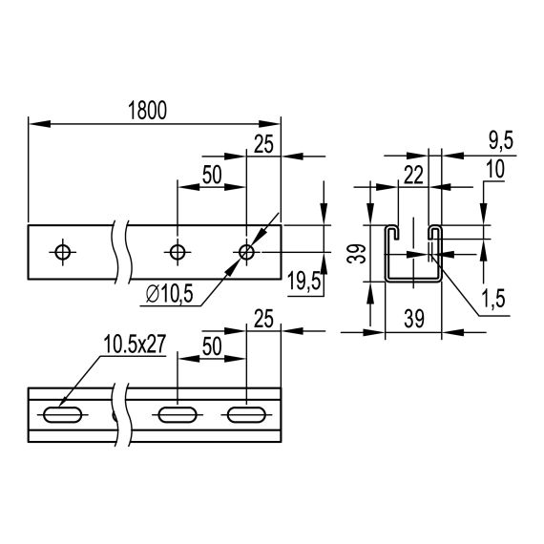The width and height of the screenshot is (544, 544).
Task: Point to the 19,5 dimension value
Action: (303, 281)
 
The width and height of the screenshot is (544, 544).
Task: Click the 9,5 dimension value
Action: (500, 140)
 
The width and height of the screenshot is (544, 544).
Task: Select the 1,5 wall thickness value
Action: (493, 299)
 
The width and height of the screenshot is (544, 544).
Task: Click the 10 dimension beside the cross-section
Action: (495, 168)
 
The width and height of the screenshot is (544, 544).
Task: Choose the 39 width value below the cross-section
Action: (413, 319)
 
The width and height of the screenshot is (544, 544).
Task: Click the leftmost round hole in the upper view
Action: (63, 252)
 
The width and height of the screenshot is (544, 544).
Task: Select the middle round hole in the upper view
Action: (177, 252)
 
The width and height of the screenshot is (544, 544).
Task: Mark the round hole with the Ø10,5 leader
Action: (246, 252)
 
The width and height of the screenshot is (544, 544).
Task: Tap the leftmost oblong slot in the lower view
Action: (63, 415)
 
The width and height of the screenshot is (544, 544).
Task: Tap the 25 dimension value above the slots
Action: (264, 317)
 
